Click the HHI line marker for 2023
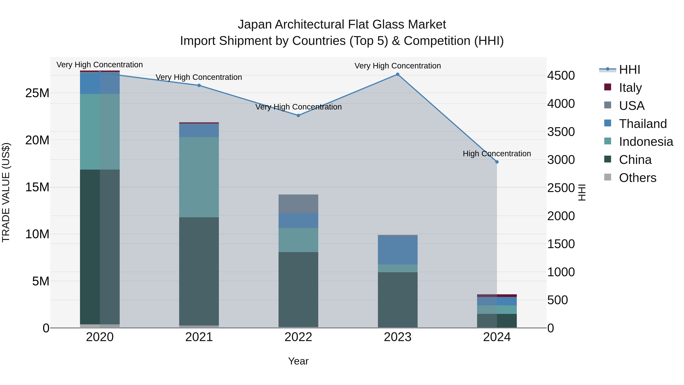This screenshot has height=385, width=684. click(x=397, y=74)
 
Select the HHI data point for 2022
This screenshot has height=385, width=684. click(x=298, y=116)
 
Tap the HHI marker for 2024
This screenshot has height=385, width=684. click(x=497, y=162)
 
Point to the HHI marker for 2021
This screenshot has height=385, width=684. click(x=199, y=85)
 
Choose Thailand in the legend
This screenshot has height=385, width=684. click(x=643, y=124)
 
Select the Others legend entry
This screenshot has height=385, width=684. click(x=637, y=178)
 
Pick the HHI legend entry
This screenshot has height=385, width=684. click(x=629, y=70)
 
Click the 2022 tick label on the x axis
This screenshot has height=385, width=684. click(x=298, y=337)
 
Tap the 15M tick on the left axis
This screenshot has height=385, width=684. click(x=37, y=187)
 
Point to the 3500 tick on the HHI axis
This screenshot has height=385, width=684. click(x=561, y=132)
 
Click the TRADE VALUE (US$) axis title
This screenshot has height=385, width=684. click(x=6, y=192)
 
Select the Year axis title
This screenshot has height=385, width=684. click(x=298, y=361)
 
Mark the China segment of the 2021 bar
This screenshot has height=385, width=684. click(x=199, y=271)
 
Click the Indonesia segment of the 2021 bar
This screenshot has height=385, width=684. click(x=199, y=177)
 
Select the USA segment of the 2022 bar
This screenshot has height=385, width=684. click(x=298, y=204)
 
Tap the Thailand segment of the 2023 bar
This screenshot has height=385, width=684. click(x=397, y=250)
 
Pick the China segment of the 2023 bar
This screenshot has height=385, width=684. click(x=397, y=299)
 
